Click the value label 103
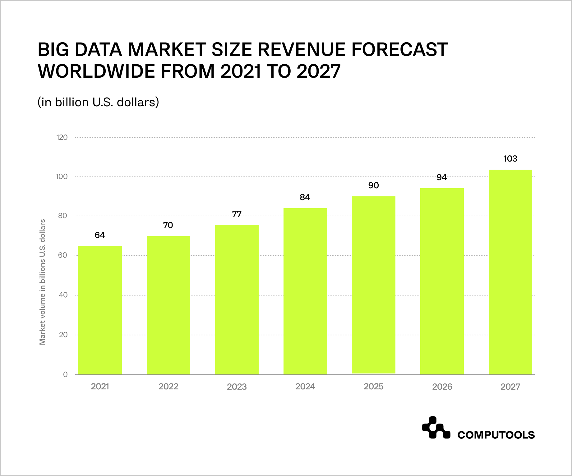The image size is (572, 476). coord(510,159)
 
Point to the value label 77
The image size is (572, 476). coord(237,214)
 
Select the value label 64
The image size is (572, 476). coord(100,235)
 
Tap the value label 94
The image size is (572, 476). coord(441,177)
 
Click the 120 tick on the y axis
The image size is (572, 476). coord(62,137)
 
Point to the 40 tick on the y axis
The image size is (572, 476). coord(63,295)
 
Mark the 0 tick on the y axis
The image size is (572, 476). coord(65,374)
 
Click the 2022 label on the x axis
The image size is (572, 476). coord(168,387)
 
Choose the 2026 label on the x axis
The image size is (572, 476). coord(442,387)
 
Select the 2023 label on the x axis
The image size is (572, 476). coord(237,387)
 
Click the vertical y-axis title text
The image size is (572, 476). coord(43,282)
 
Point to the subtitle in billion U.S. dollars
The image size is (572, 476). coord(98,102)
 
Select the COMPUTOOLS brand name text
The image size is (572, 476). coord(496,435)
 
